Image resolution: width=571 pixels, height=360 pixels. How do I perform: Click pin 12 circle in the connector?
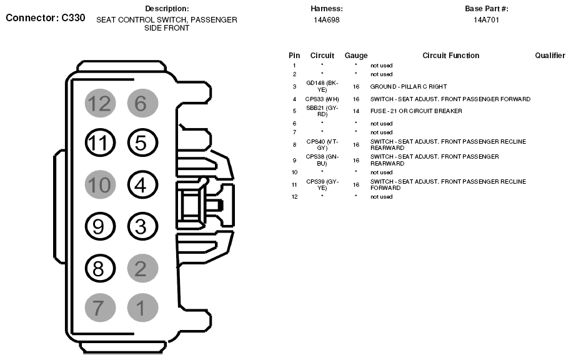tap(99, 103)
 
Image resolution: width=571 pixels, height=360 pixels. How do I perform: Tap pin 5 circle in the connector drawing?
tap(141, 144)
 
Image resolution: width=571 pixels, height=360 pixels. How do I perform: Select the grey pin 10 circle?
tap(99, 185)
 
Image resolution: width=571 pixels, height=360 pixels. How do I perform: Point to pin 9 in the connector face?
tap(99, 226)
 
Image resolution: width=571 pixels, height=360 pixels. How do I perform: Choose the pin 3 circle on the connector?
tap(141, 226)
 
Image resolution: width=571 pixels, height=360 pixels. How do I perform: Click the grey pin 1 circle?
tap(141, 308)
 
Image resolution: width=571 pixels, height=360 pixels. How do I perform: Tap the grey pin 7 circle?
tap(99, 308)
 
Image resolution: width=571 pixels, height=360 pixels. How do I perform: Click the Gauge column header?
tap(356, 56)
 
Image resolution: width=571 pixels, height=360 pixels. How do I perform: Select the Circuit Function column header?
tap(450, 56)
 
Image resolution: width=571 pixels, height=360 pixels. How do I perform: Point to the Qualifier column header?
tap(550, 56)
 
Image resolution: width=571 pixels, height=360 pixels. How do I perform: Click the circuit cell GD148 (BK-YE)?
tap(322, 86)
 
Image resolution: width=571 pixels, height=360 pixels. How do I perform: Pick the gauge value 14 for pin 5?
tap(356, 111)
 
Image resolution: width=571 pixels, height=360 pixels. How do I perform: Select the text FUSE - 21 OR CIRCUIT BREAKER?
tap(416, 111)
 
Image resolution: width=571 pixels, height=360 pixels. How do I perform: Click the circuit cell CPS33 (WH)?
tap(322, 99)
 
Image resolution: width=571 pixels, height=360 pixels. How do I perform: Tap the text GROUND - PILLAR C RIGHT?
tap(409, 86)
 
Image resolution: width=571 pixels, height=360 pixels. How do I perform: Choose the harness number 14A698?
tap(326, 20)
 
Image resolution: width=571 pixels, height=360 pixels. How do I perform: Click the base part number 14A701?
tap(486, 20)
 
